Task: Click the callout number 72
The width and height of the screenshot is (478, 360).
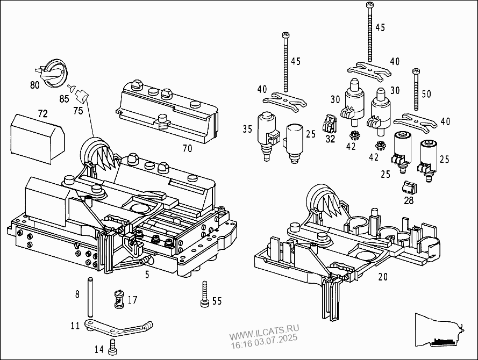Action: tap(43, 113)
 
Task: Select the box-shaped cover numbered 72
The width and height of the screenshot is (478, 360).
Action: tap(37, 139)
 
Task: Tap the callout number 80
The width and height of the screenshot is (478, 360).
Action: tap(35, 85)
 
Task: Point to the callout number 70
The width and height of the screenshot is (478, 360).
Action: tap(187, 148)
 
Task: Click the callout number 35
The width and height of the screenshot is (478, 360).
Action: tap(247, 129)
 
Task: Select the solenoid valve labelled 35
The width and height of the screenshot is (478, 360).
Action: tap(268, 136)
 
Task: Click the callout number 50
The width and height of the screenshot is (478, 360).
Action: tap(426, 94)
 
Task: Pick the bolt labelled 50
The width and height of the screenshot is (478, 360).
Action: tap(416, 90)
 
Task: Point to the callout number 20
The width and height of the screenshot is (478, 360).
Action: tap(383, 277)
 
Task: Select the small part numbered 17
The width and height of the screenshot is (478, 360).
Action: tap(119, 299)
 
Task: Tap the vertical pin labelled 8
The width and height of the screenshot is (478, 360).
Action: tap(90, 297)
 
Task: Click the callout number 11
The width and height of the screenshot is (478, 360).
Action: tap(75, 325)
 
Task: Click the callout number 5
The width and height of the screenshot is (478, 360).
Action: tap(147, 275)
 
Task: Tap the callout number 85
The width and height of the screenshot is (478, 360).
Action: tap(64, 99)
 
